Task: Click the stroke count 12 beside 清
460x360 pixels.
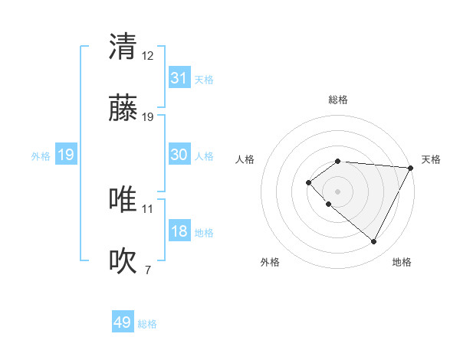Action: coord(148,55)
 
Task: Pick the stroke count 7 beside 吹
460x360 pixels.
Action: coord(148,270)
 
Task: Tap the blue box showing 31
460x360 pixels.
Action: coord(179,78)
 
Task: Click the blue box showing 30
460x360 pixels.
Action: coord(179,155)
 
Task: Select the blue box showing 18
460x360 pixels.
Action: coord(179,232)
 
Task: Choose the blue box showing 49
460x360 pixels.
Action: coord(123,322)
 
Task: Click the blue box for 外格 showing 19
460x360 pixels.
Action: coord(66,155)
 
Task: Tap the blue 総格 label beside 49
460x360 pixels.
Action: coord(147,324)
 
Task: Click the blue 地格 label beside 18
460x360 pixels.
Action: coord(204,233)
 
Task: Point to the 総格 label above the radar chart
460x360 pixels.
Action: coord(338,100)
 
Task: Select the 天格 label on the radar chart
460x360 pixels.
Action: coord(431,159)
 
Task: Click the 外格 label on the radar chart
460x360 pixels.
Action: coord(270,262)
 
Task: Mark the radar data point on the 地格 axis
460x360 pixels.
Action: coord(374,242)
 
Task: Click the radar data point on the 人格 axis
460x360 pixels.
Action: coord(308,182)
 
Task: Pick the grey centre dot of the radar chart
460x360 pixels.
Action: coord(337,191)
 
